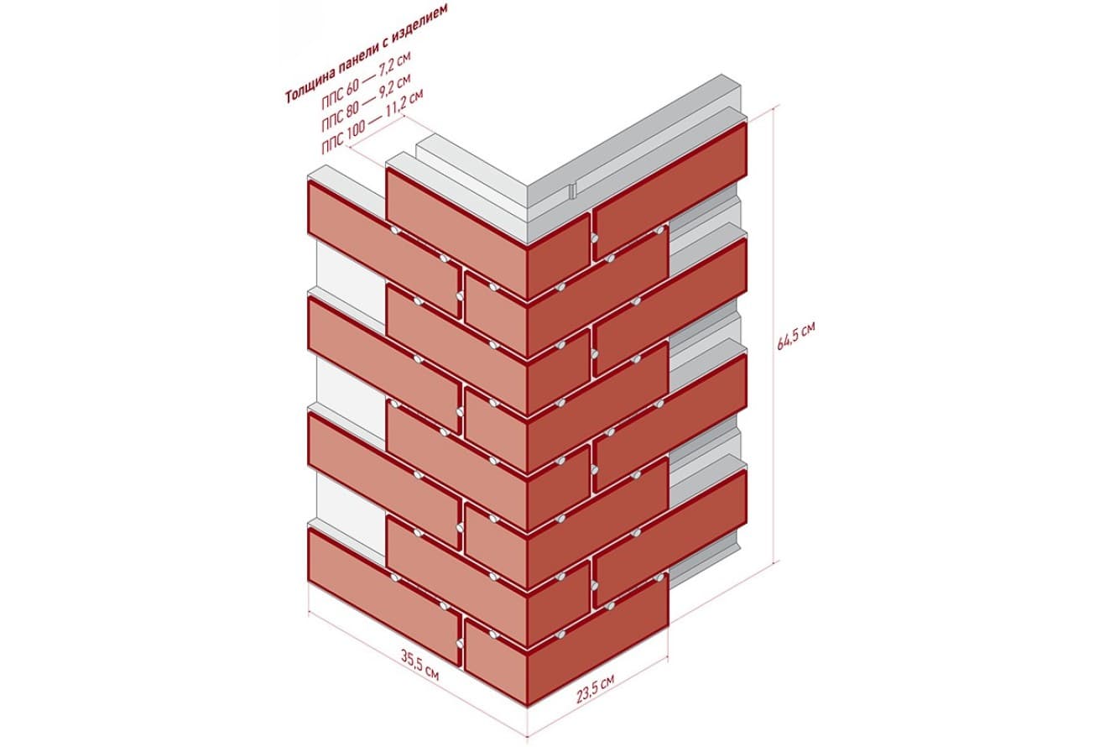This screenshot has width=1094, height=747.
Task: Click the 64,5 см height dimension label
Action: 796,335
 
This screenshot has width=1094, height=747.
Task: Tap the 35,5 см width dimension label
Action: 420,665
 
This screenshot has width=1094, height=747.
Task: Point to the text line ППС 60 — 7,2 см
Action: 366,80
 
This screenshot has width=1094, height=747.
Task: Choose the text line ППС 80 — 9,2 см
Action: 366,102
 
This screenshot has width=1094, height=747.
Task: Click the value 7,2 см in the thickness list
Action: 394,64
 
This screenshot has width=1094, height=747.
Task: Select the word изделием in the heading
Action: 424,19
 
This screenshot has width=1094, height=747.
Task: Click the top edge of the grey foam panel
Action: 635,129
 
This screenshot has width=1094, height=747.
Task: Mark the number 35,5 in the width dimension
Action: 413,660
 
